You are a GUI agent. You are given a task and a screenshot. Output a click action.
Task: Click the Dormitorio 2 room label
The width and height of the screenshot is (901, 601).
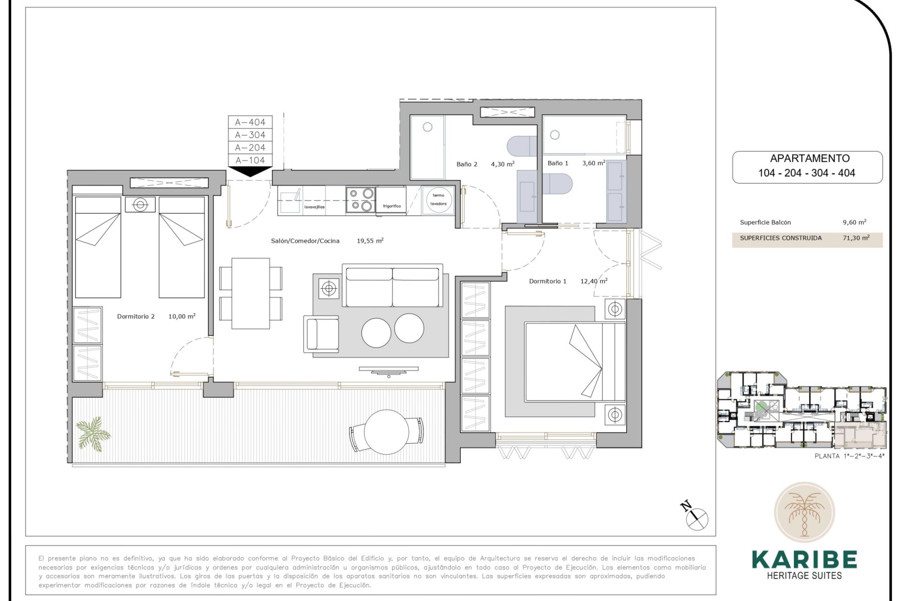tap(136, 316)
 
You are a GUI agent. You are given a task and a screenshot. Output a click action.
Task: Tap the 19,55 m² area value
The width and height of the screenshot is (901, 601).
tap(370, 241)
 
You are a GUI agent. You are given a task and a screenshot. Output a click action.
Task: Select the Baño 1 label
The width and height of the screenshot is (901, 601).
tap(557, 163)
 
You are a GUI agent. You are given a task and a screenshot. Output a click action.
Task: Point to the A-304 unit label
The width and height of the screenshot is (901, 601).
tap(250, 135)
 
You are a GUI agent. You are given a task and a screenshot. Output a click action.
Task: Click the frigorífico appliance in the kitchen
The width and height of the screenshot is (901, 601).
tap(391, 201)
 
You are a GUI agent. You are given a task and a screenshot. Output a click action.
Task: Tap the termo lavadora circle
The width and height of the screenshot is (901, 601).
tap(438, 200)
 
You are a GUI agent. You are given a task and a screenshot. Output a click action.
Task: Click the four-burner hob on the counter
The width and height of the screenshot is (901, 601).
tap(361, 200)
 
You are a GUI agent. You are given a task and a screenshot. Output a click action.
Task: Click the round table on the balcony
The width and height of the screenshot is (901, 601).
tap(386, 432)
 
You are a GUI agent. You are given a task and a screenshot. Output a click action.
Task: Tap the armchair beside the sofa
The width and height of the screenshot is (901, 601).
tap(321, 334)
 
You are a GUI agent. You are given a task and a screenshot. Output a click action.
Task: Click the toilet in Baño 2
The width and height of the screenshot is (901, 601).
tap(521, 146)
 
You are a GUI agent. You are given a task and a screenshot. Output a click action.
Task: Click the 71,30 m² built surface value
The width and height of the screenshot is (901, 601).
tap(855, 238)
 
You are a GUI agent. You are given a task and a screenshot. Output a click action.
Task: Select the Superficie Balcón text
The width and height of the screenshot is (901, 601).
tap(765, 223)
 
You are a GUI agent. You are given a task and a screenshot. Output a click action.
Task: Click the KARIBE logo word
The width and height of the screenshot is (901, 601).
tap(804, 560)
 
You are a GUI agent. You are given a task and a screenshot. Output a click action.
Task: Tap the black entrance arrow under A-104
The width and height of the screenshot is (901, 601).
tap(250, 171)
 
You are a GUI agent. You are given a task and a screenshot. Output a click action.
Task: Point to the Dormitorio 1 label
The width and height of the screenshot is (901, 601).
tap(547, 281)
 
